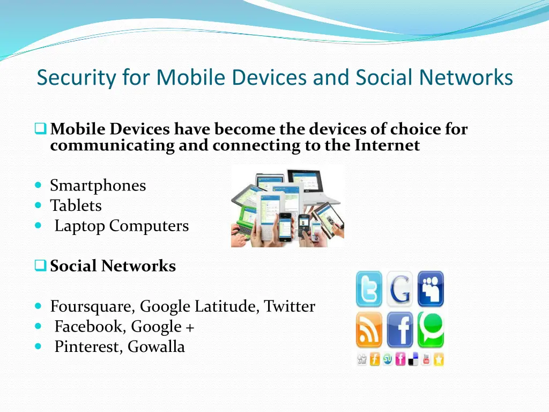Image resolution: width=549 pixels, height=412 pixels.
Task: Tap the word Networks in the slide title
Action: (465, 78)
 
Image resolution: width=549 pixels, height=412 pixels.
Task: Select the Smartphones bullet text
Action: (98, 186)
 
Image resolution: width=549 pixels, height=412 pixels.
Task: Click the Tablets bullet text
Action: (76, 205)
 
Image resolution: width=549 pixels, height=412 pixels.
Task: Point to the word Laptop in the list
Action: (79, 226)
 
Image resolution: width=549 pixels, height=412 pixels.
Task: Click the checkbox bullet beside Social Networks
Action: (41, 266)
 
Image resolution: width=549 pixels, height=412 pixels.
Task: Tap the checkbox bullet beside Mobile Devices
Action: (41, 129)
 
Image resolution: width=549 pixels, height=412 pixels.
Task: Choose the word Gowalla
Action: (156, 347)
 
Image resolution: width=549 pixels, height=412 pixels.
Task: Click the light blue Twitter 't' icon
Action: (369, 289)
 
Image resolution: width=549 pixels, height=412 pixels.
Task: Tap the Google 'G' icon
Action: (400, 289)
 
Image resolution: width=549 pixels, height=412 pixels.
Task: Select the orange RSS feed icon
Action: (369, 329)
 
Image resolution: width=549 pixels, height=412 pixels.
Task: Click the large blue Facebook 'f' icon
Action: (400, 329)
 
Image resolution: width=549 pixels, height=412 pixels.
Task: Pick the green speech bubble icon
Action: (431, 328)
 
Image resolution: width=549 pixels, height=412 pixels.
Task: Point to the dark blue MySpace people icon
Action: (431, 289)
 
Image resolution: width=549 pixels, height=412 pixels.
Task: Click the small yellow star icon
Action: (439, 359)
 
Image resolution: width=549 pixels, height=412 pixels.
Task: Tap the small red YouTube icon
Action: (426, 359)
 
